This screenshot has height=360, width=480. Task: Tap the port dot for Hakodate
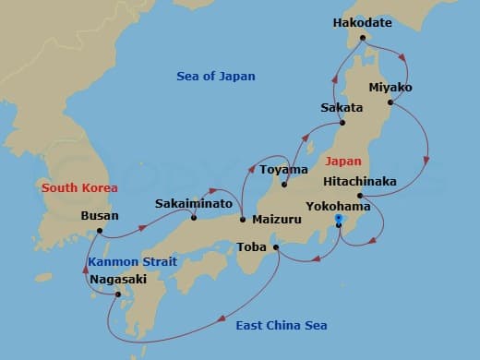(363, 38)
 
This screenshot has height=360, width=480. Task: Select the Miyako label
(390, 88)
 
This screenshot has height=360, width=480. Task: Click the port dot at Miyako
(388, 102)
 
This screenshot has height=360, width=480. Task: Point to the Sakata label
(342, 107)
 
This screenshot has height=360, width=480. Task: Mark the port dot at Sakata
(342, 123)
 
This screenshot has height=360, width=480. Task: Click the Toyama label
(283, 170)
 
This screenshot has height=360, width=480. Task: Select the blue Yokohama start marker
(339, 219)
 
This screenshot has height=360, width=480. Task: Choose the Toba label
(252, 247)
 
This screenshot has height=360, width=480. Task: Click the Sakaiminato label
(187, 200)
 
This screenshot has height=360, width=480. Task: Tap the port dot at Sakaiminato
(194, 218)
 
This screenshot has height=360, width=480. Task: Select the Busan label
(100, 218)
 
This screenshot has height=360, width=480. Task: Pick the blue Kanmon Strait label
(132, 262)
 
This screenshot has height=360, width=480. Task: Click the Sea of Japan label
(215, 76)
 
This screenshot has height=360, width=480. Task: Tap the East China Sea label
(282, 326)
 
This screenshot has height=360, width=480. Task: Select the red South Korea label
(79, 187)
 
